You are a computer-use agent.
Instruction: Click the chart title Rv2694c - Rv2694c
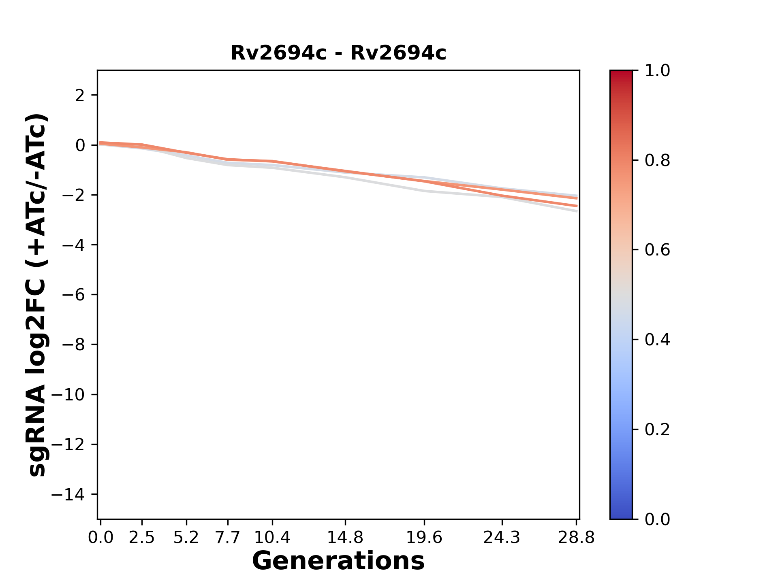[338, 53]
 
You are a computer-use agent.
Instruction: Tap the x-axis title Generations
[338, 561]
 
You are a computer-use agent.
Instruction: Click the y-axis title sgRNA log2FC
[37, 295]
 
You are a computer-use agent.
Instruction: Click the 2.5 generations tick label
[142, 538]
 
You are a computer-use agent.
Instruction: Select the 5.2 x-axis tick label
[186, 538]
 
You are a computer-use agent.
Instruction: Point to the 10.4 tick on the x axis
[272, 538]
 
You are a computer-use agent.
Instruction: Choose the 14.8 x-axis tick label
[345, 538]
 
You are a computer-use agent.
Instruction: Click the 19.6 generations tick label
[424, 538]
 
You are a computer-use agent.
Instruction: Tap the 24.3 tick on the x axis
[502, 538]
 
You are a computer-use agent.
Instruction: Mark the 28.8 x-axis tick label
[576, 538]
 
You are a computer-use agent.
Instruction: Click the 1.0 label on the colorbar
[657, 71]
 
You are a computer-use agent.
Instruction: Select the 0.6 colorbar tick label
[657, 250]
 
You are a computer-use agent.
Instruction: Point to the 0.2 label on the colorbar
[657, 430]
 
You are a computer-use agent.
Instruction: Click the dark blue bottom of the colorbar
[621, 514]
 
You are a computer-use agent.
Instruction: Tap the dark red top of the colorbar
[621, 75]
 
